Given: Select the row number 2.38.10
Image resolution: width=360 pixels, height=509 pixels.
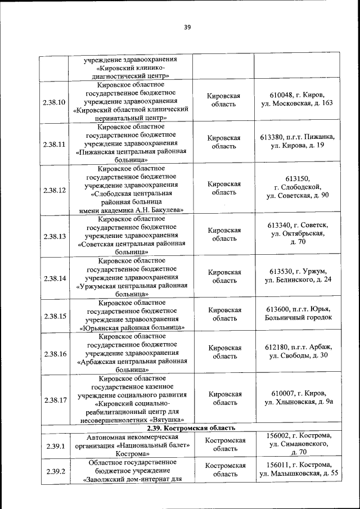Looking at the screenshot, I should [x=55, y=102].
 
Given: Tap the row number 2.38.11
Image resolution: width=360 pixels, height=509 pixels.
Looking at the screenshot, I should [x=55, y=144].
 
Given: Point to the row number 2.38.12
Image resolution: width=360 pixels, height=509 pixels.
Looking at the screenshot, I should [x=55, y=190].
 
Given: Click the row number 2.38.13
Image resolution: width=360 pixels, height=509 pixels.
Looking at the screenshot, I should [x=55, y=236].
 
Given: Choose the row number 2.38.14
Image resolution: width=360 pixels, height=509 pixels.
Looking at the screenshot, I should [x=55, y=278].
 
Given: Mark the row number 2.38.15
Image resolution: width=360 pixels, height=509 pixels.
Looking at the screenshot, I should [x=55, y=316].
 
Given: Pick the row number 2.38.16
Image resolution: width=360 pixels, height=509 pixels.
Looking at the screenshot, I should [x=55, y=354].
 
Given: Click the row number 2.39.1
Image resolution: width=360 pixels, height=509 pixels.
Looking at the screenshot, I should [x=55, y=447].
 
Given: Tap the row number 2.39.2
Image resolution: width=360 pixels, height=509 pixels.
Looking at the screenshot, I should [x=55, y=471].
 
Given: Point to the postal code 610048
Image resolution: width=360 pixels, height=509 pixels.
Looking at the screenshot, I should [x=282, y=94].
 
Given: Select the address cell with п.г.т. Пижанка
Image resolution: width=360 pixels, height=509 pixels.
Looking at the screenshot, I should [x=298, y=141].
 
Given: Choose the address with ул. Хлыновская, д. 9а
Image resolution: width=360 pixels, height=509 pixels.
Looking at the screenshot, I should [x=298, y=403].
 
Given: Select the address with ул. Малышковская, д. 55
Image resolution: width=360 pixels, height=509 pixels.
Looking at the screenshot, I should [x=298, y=473].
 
